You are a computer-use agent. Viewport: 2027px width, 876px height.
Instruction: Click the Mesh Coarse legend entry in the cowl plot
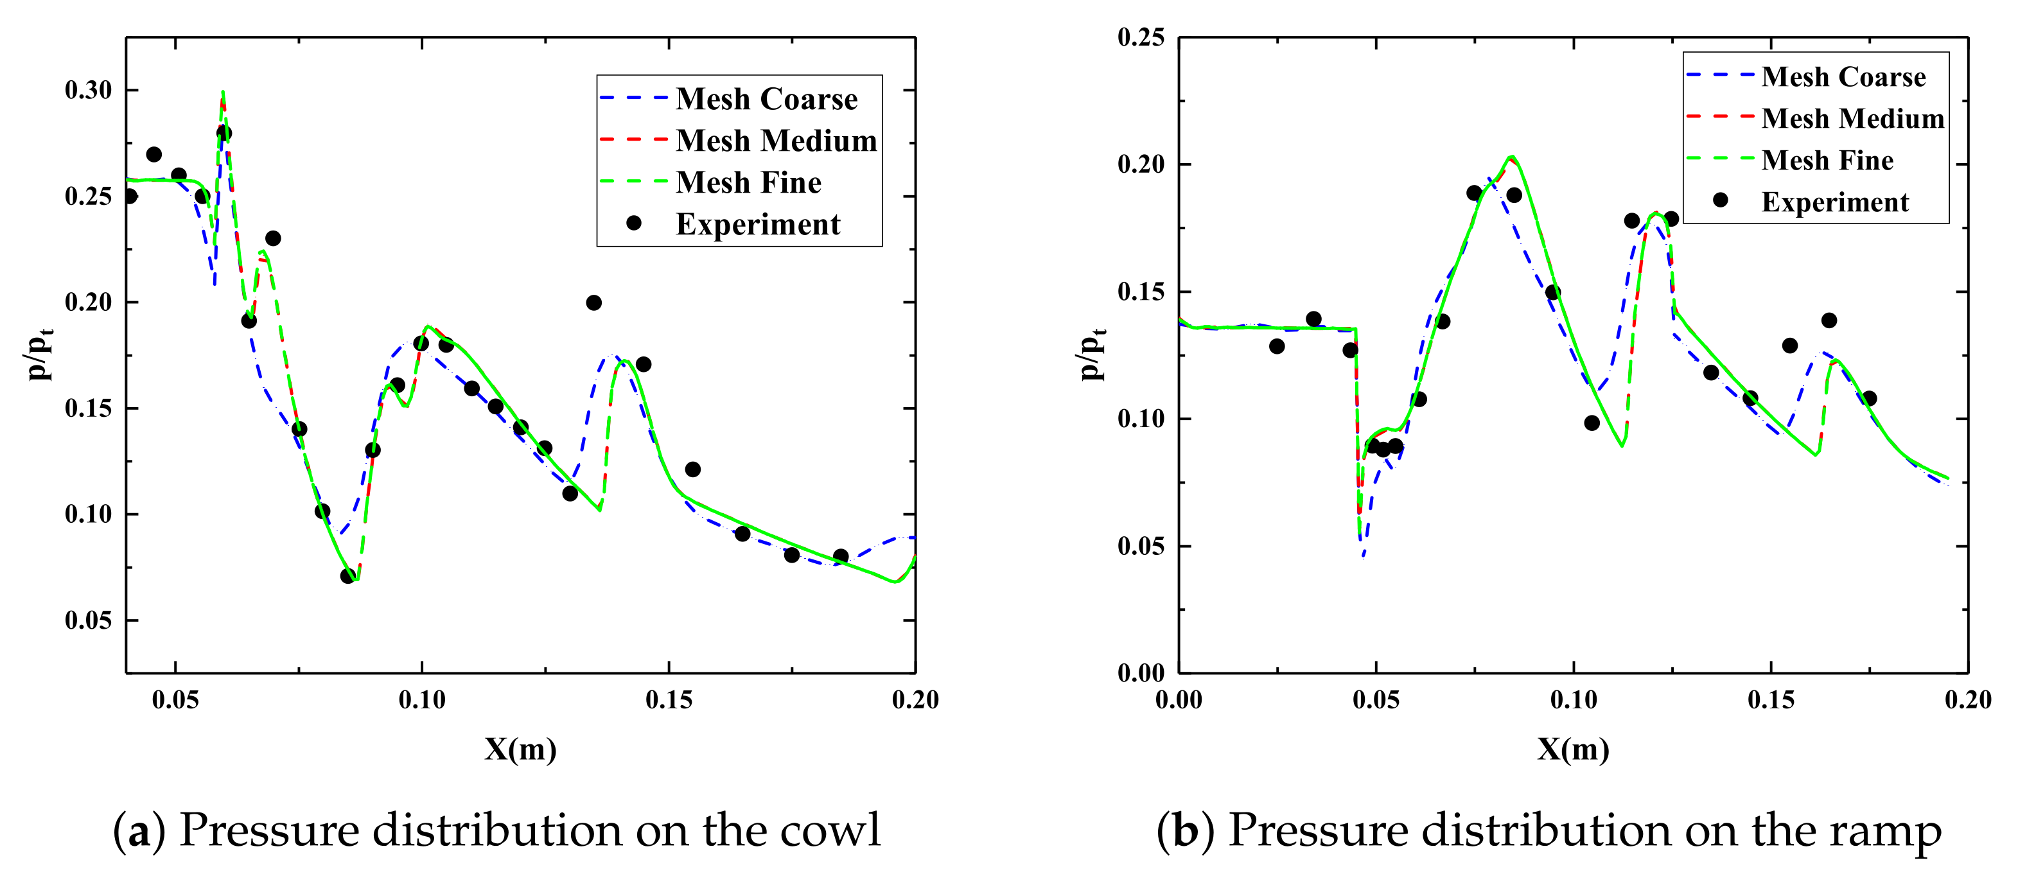point(766,99)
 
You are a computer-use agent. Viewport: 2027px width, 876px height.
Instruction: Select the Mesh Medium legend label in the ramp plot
point(1852,119)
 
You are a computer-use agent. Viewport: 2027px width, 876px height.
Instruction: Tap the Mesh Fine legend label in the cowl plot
point(748,182)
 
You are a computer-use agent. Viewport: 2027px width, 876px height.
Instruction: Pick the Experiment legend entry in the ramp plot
point(1834,202)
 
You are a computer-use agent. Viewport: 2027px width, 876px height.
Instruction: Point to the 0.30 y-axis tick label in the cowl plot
point(88,91)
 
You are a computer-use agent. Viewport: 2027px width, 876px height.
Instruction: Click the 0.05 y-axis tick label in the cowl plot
point(88,620)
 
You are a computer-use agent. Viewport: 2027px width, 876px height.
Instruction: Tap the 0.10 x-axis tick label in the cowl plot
point(422,699)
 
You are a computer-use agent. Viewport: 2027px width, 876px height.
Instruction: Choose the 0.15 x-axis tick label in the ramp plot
point(1771,699)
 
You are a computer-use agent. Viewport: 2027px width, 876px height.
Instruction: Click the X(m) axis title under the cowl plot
point(520,748)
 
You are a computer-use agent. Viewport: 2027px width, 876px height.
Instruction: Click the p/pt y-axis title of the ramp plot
point(1093,354)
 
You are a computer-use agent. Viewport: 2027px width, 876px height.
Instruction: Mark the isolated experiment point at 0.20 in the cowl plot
point(594,303)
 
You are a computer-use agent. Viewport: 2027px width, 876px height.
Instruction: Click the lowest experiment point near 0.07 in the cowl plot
point(348,576)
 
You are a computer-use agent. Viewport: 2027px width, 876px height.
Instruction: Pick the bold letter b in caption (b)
point(1185,831)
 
